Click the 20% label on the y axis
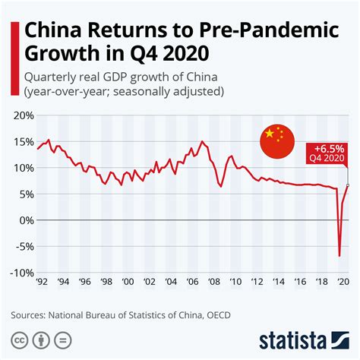tap(22, 116)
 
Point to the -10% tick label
tap(21, 273)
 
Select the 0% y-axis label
tap(25, 220)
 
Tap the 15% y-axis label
tap(22, 142)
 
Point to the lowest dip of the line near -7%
tap(339, 256)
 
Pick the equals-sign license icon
tap(63, 339)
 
